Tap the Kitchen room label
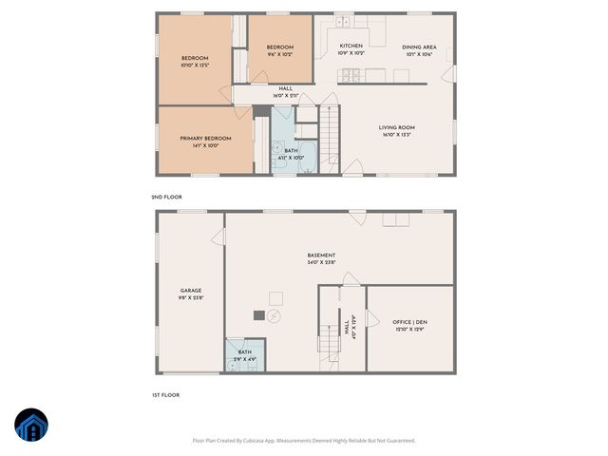(x=351, y=46)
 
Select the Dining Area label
(x=419, y=47)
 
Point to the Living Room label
(x=397, y=127)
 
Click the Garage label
(x=191, y=291)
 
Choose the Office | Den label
(x=410, y=322)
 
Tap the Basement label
(x=321, y=255)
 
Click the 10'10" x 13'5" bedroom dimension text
(x=194, y=66)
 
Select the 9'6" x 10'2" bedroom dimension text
(x=279, y=55)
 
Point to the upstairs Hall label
(x=285, y=88)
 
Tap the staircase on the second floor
(x=329, y=139)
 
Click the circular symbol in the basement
(x=275, y=316)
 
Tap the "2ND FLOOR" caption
(x=166, y=196)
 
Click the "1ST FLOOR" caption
(x=166, y=394)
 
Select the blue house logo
(x=29, y=426)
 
